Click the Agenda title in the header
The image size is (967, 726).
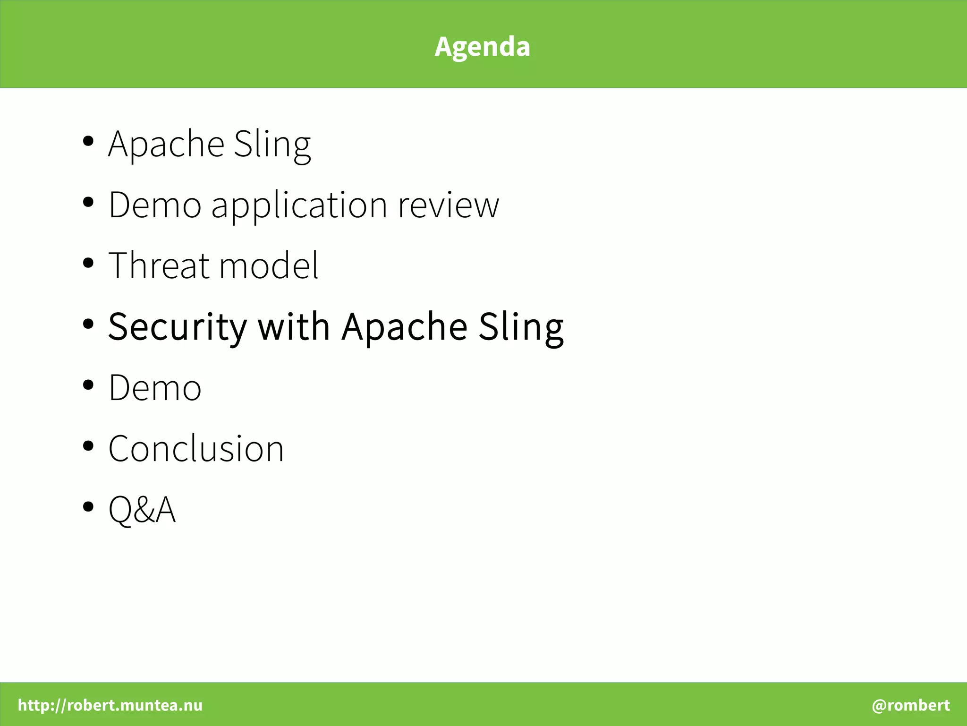click(x=482, y=46)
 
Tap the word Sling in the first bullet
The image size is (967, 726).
click(x=272, y=145)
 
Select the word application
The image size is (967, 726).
click(x=299, y=206)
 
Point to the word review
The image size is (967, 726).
click(x=448, y=206)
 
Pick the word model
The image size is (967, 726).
click(x=269, y=265)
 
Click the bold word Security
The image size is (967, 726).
click(x=178, y=327)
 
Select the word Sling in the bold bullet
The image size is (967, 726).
click(x=521, y=327)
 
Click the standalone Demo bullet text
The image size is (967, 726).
click(x=155, y=387)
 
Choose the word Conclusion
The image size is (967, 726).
click(x=196, y=448)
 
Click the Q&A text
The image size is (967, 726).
click(x=142, y=509)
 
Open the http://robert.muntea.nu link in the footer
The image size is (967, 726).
click(x=110, y=705)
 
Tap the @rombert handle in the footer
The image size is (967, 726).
click(x=910, y=705)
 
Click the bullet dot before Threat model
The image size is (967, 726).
click(x=88, y=263)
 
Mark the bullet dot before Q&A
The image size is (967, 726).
click(x=88, y=507)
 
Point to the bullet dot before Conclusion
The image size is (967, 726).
click(x=88, y=446)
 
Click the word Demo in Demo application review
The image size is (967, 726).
click(x=155, y=205)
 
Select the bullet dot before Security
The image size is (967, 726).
click(x=88, y=324)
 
